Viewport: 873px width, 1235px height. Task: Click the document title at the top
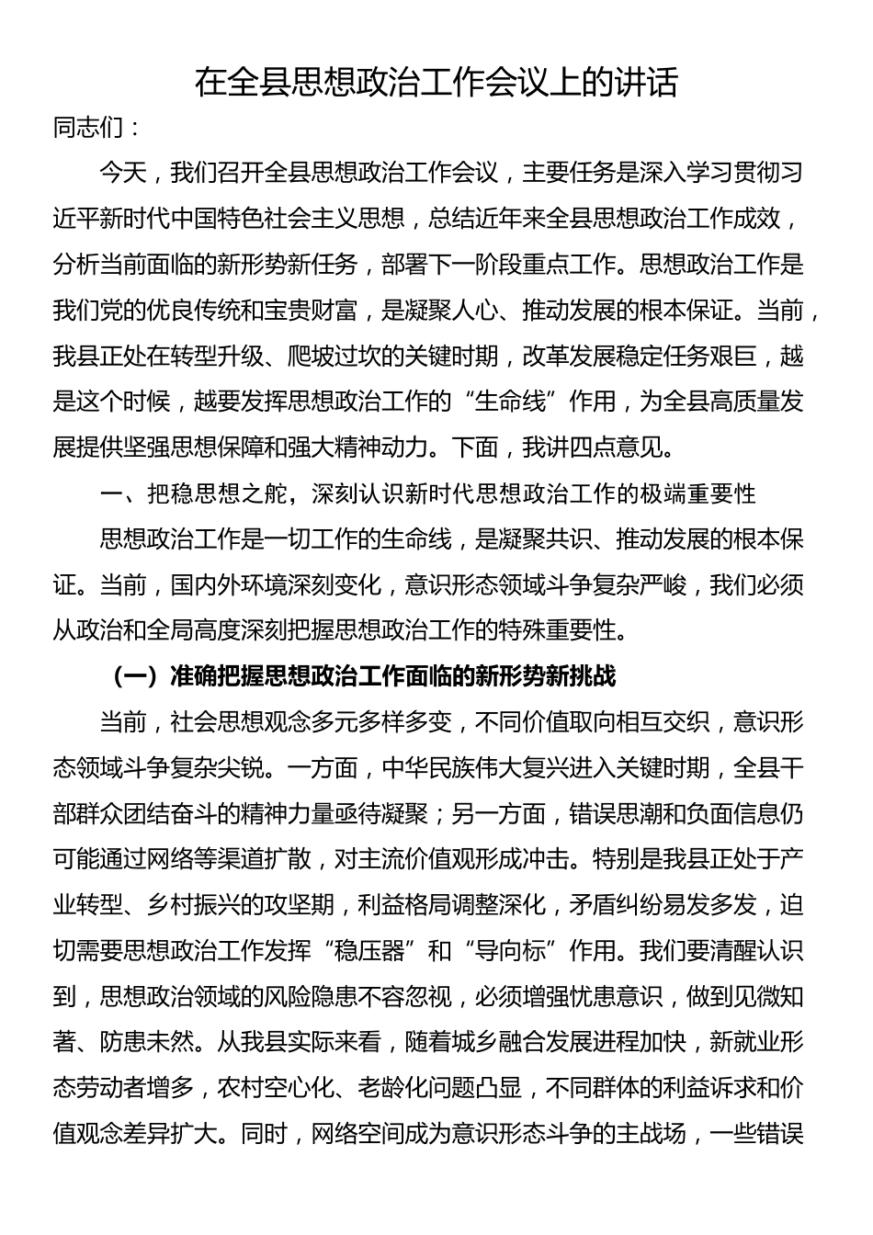tap(436, 83)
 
